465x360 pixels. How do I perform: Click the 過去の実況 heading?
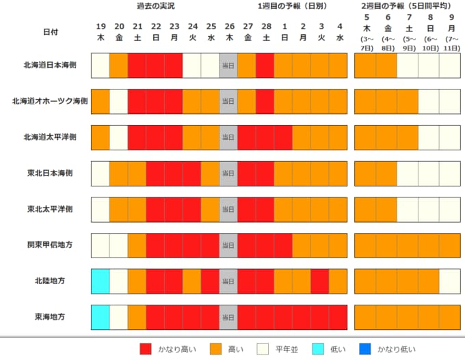(x=155, y=6)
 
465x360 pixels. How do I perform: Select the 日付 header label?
(x=50, y=32)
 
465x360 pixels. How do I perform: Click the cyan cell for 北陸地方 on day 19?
(x=100, y=281)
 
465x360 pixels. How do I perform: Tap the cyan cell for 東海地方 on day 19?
(x=100, y=317)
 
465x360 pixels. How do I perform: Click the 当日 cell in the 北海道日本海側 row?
(x=228, y=65)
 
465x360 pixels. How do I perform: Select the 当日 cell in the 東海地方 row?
(x=228, y=317)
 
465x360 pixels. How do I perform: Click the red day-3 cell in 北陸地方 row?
(x=320, y=281)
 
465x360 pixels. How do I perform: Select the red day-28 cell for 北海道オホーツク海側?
(x=265, y=101)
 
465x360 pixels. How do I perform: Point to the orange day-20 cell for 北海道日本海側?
(x=118, y=65)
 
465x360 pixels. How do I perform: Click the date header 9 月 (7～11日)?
(x=451, y=34)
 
